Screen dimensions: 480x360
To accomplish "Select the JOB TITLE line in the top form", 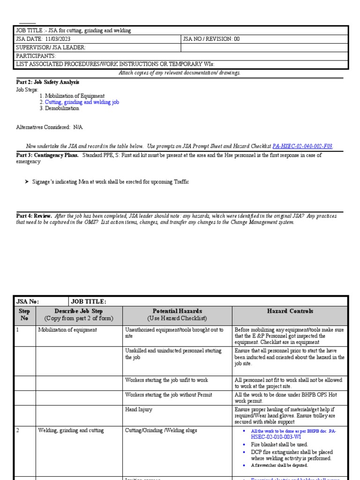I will point(74,30).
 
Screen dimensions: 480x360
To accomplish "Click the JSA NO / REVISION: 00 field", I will point(211,39).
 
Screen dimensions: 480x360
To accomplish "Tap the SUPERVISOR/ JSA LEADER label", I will point(51,47).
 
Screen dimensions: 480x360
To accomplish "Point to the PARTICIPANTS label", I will point(36,56).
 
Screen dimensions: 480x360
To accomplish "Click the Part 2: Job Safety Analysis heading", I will point(48,82).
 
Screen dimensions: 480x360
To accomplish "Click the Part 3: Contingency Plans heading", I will point(47,155).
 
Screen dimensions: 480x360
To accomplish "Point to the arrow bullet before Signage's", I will point(27,182).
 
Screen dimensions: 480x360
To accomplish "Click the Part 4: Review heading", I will point(34,216).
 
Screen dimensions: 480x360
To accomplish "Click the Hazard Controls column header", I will point(290,311).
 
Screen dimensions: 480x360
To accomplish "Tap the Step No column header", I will point(24,315).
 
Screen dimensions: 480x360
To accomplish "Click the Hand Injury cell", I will point(139,409).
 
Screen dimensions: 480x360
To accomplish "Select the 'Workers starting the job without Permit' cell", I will point(168,395).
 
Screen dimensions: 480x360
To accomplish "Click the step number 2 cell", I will point(18,430).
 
